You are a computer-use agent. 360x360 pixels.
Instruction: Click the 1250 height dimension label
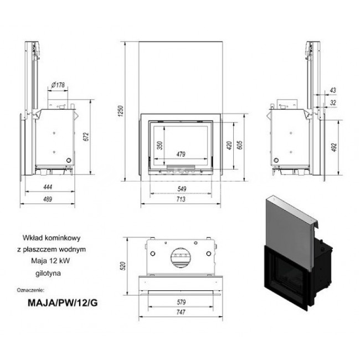(x=121, y=111)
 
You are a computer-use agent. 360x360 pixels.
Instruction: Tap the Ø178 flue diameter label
(x=58, y=85)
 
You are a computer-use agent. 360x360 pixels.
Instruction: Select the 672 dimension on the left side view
(x=86, y=137)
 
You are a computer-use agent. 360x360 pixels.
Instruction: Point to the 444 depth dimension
(x=48, y=187)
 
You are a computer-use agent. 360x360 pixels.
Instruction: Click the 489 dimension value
(x=48, y=199)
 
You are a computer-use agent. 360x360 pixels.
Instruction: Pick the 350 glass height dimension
(x=160, y=146)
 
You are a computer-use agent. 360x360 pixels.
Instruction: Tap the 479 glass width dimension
(x=181, y=154)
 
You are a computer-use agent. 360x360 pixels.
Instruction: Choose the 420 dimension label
(x=229, y=146)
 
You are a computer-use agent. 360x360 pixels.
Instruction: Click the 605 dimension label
(x=239, y=145)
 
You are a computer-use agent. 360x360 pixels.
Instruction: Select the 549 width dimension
(x=182, y=189)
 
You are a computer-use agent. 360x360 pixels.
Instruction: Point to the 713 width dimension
(x=181, y=199)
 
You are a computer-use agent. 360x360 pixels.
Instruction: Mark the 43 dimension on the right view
(x=333, y=90)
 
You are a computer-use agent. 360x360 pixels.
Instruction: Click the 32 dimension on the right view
(x=333, y=102)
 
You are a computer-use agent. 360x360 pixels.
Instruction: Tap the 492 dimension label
(x=334, y=147)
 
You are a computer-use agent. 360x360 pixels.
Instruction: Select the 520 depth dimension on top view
(x=124, y=266)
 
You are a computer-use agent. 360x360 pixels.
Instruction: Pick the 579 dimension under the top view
(x=181, y=302)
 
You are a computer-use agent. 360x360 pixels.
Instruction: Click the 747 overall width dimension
(x=181, y=312)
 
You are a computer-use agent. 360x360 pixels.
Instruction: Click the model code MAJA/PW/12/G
(x=63, y=303)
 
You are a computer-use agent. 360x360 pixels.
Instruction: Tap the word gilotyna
(x=48, y=273)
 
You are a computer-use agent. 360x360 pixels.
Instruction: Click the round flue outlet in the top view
(x=181, y=258)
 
